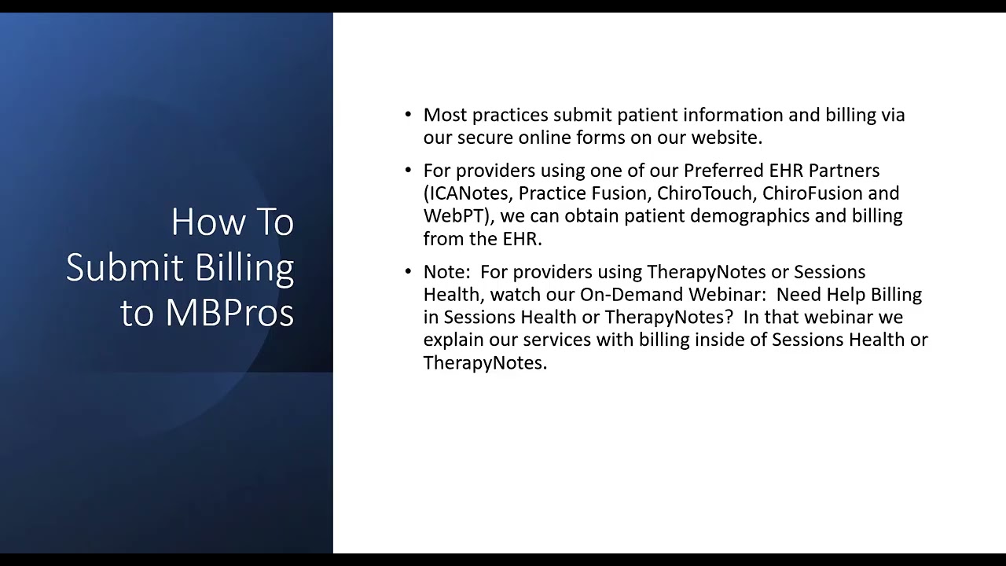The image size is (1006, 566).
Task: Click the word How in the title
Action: click(x=202, y=222)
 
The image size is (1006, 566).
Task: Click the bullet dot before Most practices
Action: click(x=408, y=115)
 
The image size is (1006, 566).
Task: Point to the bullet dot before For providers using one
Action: click(x=408, y=171)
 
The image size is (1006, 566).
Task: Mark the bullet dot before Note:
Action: click(x=408, y=272)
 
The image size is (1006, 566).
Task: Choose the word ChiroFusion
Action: click(x=812, y=193)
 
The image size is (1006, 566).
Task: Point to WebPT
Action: click(x=452, y=216)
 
